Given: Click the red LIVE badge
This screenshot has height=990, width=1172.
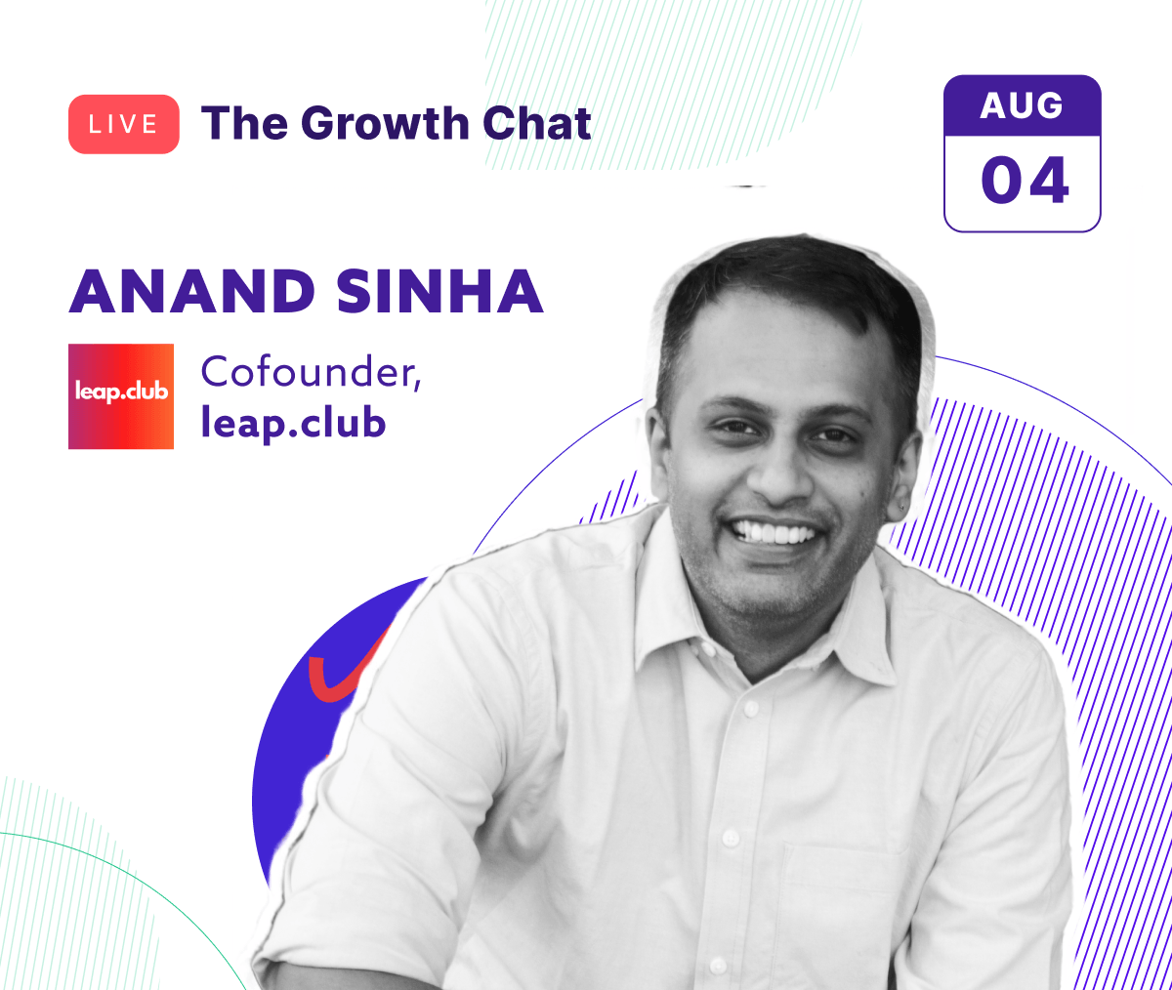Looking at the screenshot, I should pos(123,124).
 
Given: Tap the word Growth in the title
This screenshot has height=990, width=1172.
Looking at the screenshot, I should pos(385,124).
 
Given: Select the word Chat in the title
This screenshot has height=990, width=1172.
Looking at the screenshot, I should pos(536,124).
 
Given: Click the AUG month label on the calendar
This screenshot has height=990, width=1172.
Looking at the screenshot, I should pos(1022,105).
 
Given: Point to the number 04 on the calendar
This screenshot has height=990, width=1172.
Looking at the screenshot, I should pos(1024,182).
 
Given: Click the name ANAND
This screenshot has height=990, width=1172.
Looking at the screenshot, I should pos(191,291).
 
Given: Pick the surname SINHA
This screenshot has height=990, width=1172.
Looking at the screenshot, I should pos(439,291).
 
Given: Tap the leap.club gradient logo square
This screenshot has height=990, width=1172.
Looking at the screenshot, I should pos(121,395).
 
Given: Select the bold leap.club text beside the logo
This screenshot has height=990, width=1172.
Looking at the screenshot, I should pos(293,424).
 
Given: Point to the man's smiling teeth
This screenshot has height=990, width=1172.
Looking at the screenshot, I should pos(776,533).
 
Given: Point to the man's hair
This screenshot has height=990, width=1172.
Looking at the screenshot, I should pos(781,283).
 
